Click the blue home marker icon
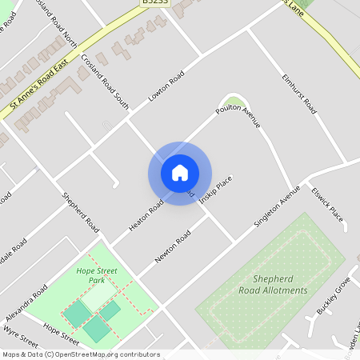[180, 173]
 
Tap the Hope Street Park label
[97, 276]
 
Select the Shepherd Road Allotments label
[273, 284]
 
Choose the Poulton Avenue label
[238, 115]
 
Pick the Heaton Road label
[146, 216]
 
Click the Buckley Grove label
[334, 295]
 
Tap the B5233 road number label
[155, 3]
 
